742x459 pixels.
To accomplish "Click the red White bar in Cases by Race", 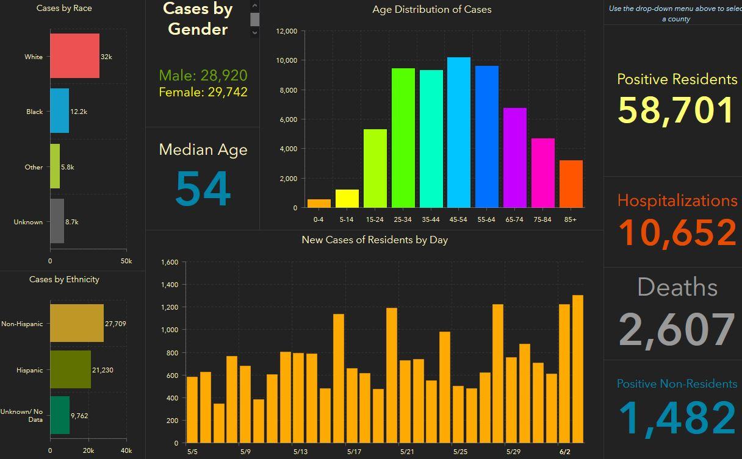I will point(74,56).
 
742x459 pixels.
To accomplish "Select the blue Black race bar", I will point(59,111).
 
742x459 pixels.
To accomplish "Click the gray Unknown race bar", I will point(57,221).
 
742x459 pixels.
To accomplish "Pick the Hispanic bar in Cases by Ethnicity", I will point(70,369).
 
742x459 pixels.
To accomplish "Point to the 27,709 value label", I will point(115,324).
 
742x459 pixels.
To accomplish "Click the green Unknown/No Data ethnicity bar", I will point(60,415).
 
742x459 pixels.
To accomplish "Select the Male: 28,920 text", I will point(203,76).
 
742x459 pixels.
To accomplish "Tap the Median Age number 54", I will point(203,189).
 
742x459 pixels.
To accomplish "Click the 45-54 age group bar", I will point(458,132).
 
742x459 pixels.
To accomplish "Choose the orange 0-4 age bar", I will point(319,204).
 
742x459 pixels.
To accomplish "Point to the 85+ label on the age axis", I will point(570,219).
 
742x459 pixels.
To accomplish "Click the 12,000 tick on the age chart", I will point(286,31).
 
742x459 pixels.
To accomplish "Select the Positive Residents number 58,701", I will point(675,110).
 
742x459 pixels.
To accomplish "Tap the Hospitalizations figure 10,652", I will point(677,233).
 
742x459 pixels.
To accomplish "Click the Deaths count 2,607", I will point(677,329).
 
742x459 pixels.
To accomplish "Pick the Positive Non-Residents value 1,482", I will point(677,419).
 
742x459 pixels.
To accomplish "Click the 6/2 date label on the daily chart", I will point(564,452).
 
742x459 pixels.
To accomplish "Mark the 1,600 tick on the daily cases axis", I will point(169,262).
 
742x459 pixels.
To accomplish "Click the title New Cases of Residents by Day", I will point(375,240).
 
